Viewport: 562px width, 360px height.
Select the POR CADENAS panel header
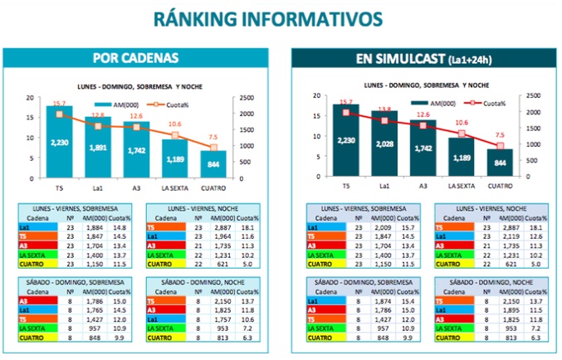click(135, 58)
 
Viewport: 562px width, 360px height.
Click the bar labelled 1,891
click(98, 149)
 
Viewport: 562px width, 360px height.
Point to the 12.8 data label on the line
click(98, 115)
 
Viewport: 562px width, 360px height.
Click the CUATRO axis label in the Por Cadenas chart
click(213, 187)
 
